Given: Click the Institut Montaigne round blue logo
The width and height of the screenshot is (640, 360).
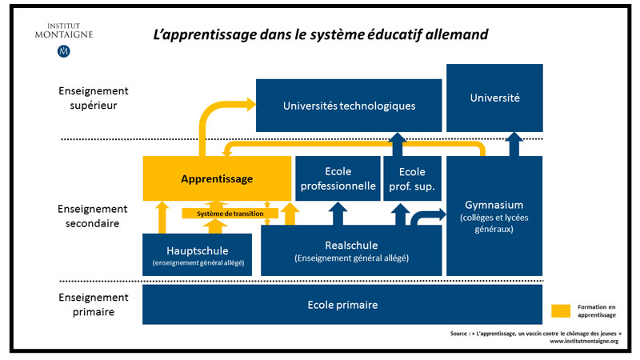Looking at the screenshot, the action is tap(64, 51).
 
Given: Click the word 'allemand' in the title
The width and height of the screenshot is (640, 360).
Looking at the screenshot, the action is tap(456, 34).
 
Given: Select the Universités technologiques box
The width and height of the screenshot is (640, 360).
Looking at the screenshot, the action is tap(349, 106).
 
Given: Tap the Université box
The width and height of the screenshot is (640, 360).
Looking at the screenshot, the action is tap(494, 98).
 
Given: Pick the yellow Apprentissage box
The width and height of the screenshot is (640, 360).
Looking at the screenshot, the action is tap(217, 178).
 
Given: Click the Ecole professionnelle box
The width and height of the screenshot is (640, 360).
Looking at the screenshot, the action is tap(338, 178).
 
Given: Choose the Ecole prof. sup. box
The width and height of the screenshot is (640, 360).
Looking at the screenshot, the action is tap(412, 178).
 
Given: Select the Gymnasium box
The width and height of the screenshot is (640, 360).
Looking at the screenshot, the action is tap(494, 216).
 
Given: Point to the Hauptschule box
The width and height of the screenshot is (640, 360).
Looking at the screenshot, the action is tap(197, 254).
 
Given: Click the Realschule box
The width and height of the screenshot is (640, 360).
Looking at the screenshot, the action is tap(351, 250).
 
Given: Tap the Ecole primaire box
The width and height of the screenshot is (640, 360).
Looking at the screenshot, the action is tap(342, 305).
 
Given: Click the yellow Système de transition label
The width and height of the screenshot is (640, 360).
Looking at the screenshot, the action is tap(230, 214).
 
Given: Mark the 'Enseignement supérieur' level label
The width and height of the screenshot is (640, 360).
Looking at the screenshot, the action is tap(94, 98).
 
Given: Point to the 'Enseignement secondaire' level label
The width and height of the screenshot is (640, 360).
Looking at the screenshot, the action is tap(93, 216).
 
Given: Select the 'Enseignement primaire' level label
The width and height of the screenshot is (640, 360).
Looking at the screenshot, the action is tap(94, 305).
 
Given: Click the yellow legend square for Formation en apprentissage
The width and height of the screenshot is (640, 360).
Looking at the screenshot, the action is tap(561, 311).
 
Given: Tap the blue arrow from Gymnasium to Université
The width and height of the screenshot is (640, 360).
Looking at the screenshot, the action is tap(514, 144).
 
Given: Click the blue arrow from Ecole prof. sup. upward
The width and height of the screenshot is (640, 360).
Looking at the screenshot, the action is tap(397, 145).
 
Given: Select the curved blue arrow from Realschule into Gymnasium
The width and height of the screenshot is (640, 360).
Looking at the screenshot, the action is tap(426, 216).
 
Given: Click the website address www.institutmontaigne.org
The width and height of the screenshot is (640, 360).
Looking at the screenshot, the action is tap(584, 341).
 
